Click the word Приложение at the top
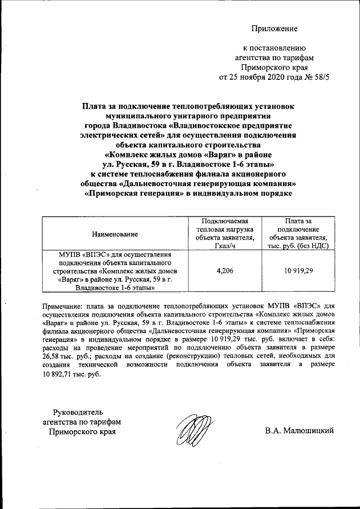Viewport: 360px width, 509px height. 274,28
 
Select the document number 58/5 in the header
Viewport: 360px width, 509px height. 317,77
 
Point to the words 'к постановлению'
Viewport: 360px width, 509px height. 274,48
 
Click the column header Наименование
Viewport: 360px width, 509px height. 115,233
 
